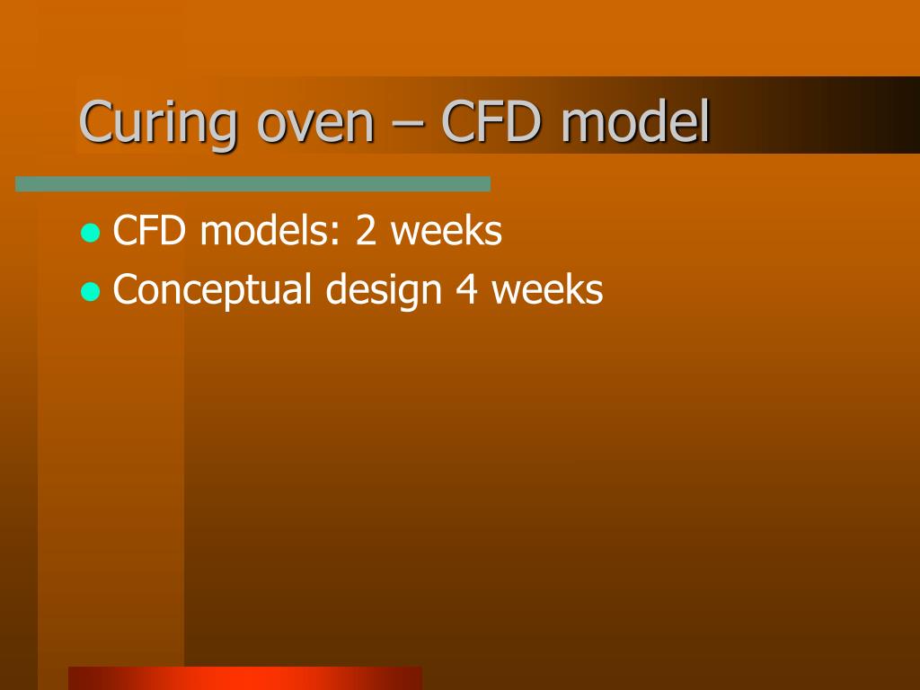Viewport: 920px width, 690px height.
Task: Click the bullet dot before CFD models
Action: [x=90, y=234]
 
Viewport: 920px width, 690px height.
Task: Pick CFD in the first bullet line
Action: [x=149, y=232]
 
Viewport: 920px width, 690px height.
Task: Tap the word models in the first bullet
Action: [x=266, y=232]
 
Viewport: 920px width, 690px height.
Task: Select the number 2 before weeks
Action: [x=367, y=232]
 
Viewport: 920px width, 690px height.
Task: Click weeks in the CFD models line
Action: [x=446, y=232]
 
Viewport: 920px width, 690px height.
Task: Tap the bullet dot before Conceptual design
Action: [x=90, y=292]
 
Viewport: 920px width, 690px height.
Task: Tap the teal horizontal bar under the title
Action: [x=252, y=184]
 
